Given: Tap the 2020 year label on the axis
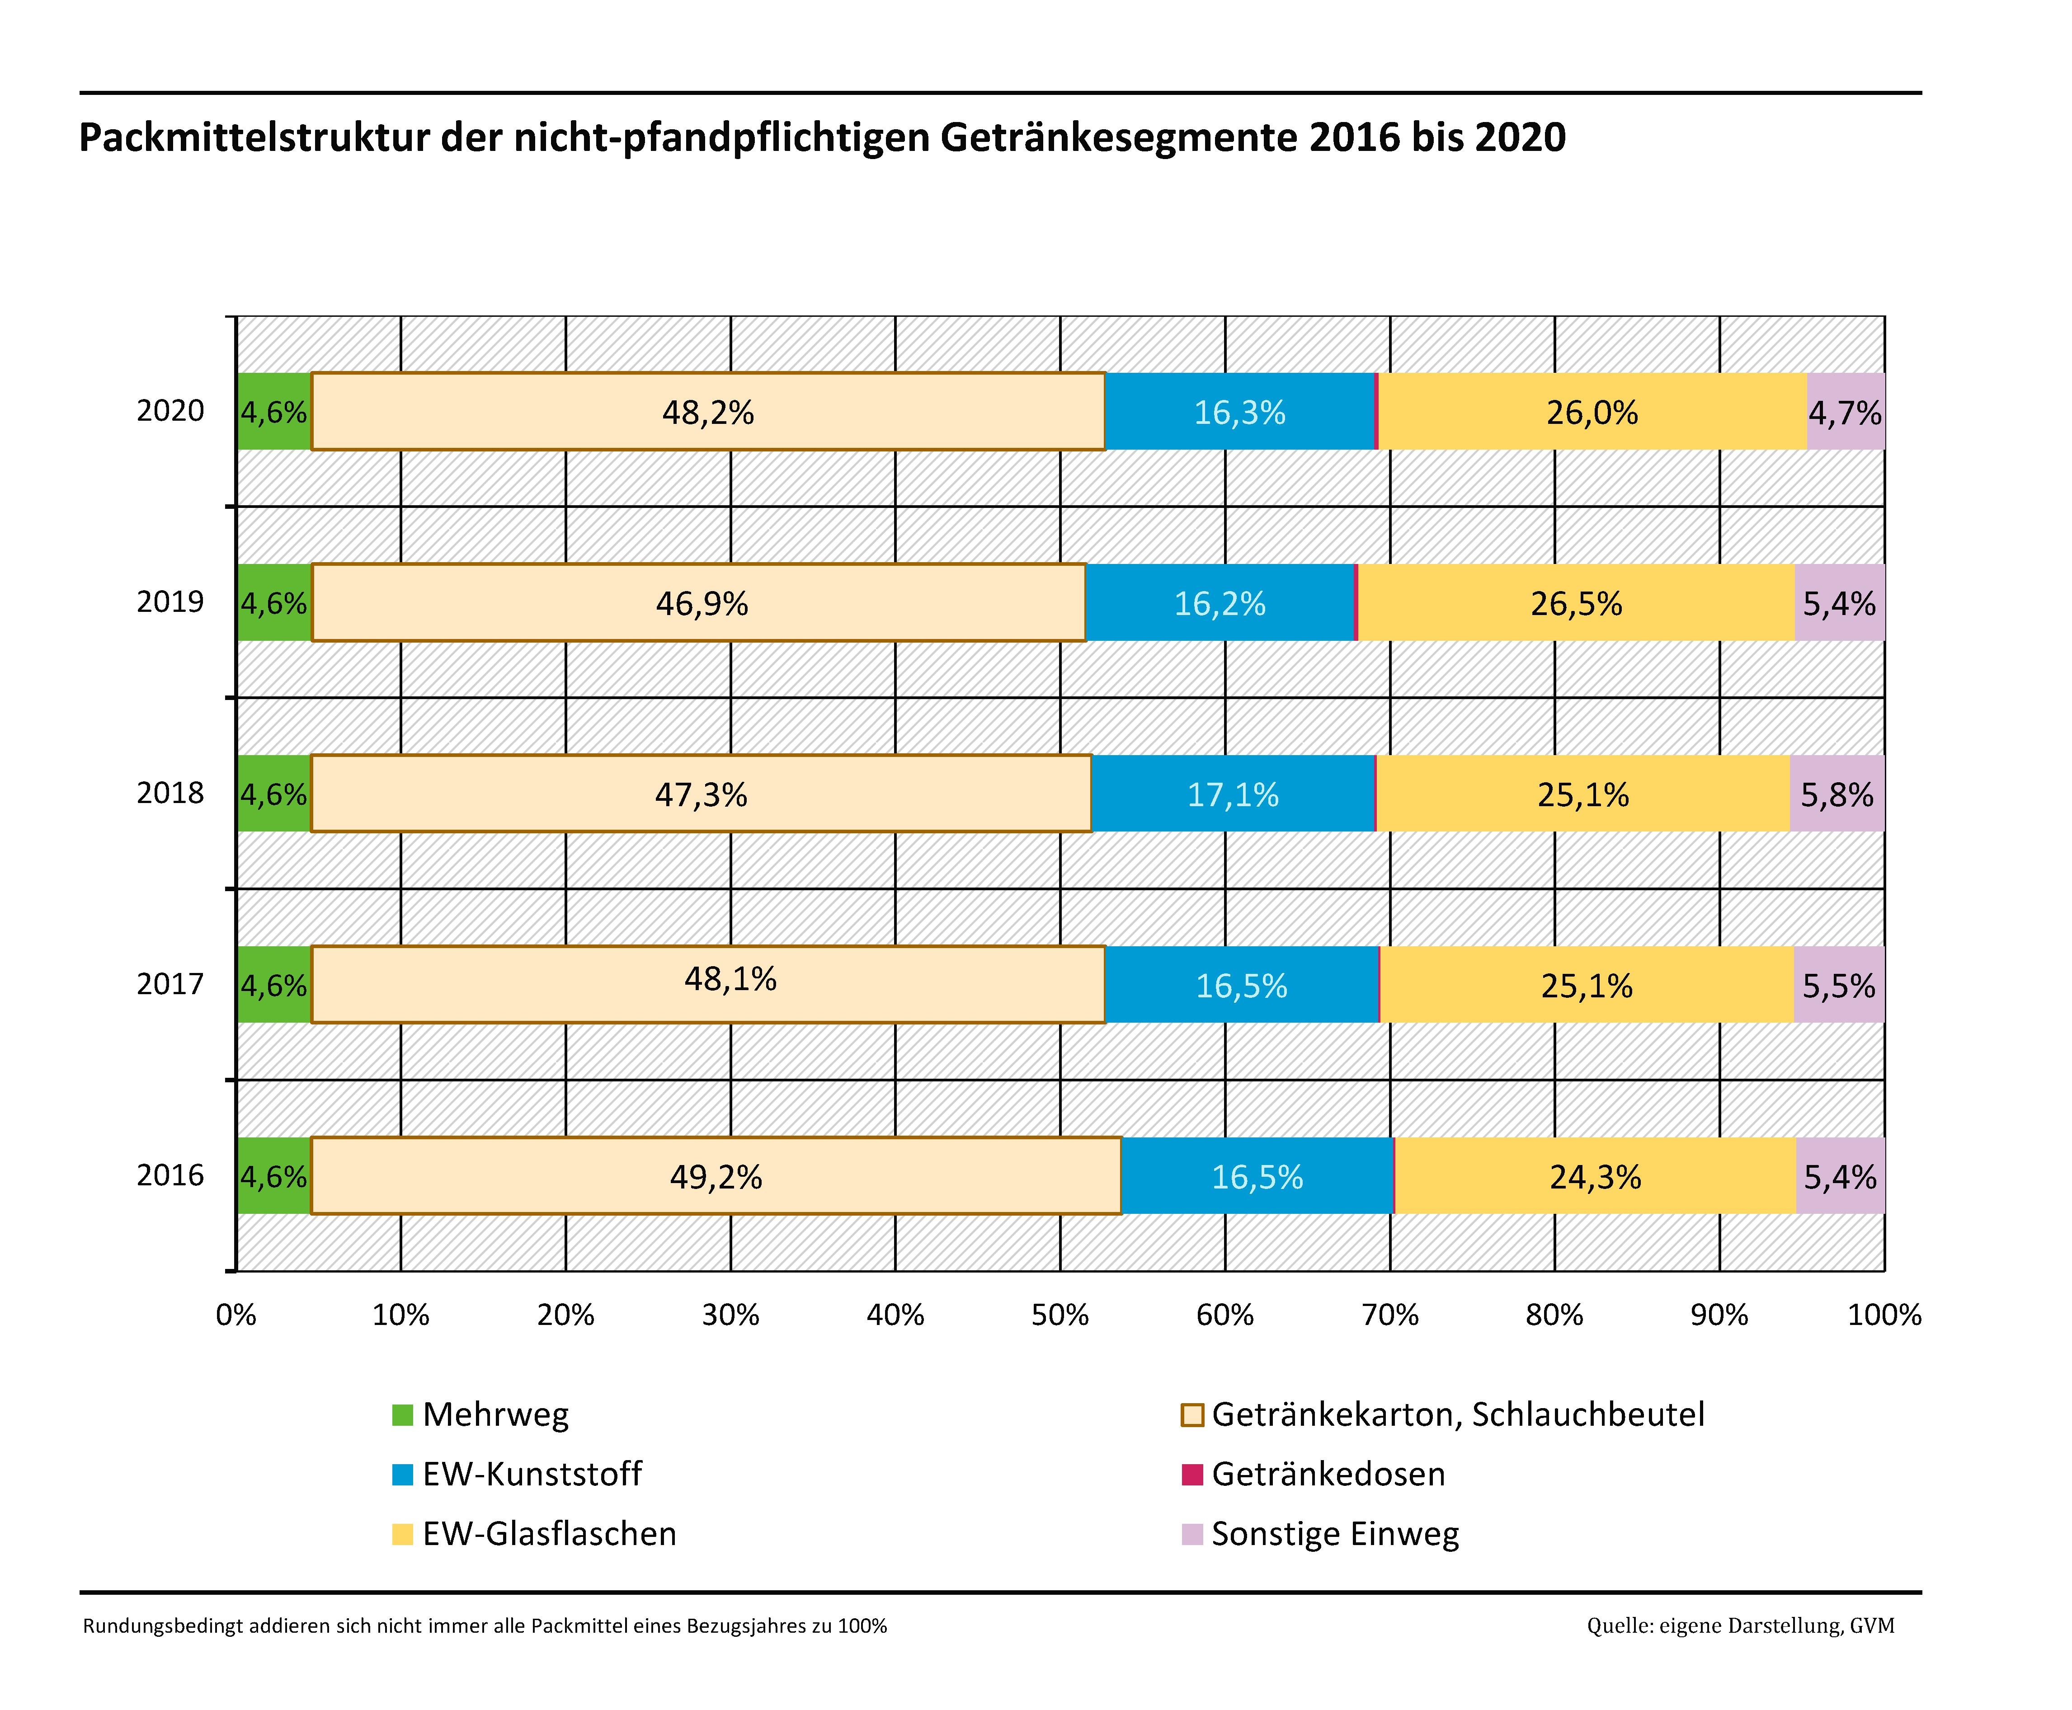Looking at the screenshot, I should (170, 411).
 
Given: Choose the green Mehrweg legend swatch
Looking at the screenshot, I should (402, 1415).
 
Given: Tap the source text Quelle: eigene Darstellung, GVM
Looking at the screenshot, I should (1740, 1625).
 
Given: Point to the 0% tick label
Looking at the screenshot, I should (236, 1315).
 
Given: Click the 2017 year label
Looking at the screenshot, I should (170, 984).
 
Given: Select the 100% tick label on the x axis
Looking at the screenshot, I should (1884, 1315).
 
